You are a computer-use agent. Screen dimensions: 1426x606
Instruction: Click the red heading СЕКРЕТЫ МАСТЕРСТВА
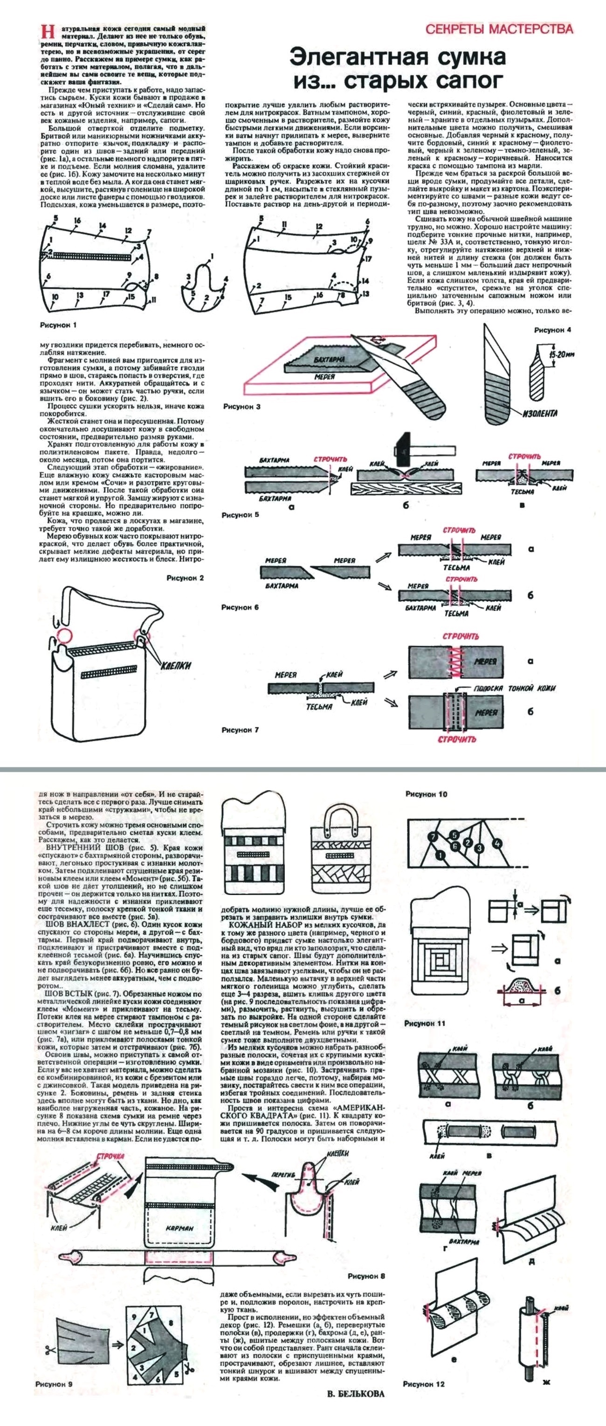tap(499, 29)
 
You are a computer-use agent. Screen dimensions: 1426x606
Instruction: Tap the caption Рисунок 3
tap(241, 406)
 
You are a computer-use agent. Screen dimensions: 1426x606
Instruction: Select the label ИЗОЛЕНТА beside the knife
tap(539, 413)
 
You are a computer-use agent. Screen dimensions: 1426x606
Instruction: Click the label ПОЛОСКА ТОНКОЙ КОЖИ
tap(515, 688)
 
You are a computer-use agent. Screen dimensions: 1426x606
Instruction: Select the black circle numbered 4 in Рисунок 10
tap(497, 844)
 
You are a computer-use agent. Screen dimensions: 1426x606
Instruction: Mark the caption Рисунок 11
tap(425, 1024)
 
